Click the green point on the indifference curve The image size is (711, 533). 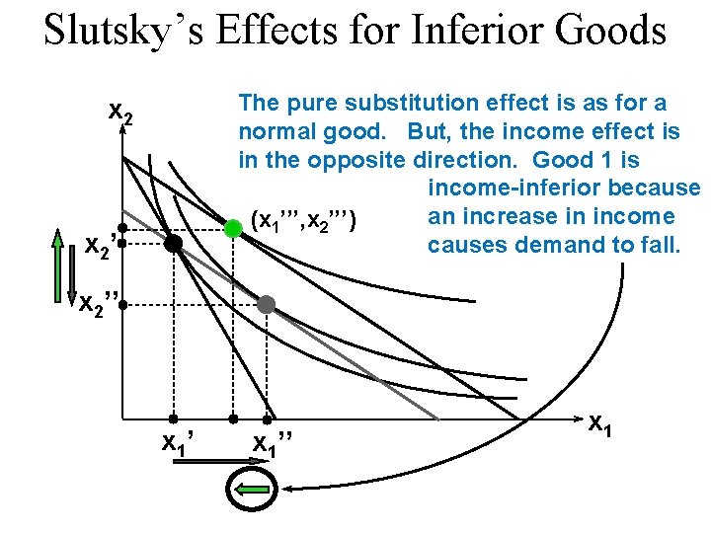[x=233, y=228]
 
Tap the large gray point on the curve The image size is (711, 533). [x=266, y=304]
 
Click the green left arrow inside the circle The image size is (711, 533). [x=253, y=488]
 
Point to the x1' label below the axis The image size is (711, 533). [x=176, y=445]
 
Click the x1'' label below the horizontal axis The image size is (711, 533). [x=272, y=445]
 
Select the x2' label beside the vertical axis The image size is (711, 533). [x=103, y=245]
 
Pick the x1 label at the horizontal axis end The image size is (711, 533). [x=599, y=425]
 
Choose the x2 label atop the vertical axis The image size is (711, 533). [x=119, y=115]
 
